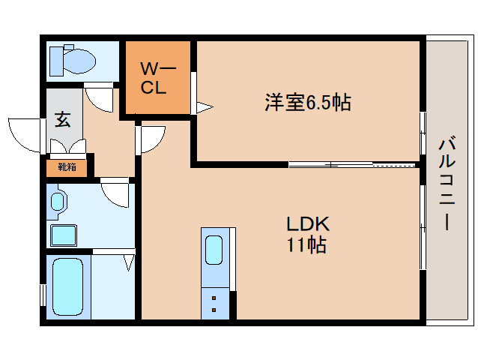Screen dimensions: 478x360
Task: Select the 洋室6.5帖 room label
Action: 307,103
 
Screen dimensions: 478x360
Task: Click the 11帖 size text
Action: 306,244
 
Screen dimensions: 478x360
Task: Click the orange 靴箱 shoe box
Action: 67,167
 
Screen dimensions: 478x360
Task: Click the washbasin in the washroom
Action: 58,202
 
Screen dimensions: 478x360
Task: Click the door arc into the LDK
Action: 153,138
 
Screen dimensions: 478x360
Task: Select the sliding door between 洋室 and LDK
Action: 352,163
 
